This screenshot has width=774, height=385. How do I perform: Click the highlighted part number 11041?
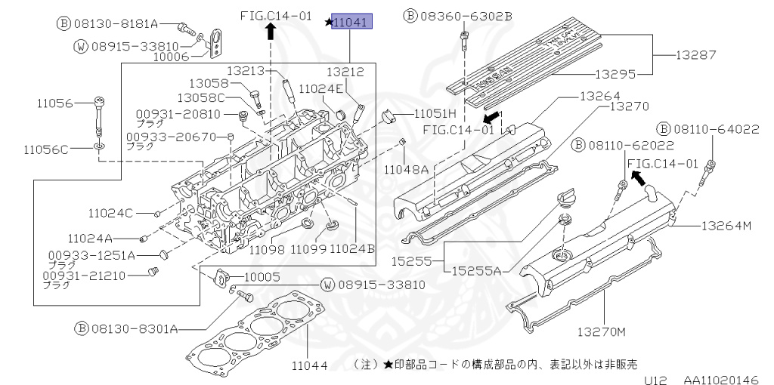point(351,23)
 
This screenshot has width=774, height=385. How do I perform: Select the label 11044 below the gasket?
point(309,366)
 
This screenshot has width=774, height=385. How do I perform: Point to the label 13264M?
point(726,225)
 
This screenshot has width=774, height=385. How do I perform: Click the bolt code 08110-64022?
point(717,129)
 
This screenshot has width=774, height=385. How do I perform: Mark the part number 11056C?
point(45,149)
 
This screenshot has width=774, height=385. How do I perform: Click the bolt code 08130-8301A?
point(136,328)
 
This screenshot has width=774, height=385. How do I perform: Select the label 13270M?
point(604,331)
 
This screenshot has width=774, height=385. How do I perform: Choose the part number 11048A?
point(406,170)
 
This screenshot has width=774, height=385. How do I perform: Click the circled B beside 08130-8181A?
point(64,23)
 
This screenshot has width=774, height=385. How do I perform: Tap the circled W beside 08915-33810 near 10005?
point(327,285)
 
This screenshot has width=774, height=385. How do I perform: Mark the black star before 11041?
point(328,23)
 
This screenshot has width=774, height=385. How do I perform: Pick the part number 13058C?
point(202,97)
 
